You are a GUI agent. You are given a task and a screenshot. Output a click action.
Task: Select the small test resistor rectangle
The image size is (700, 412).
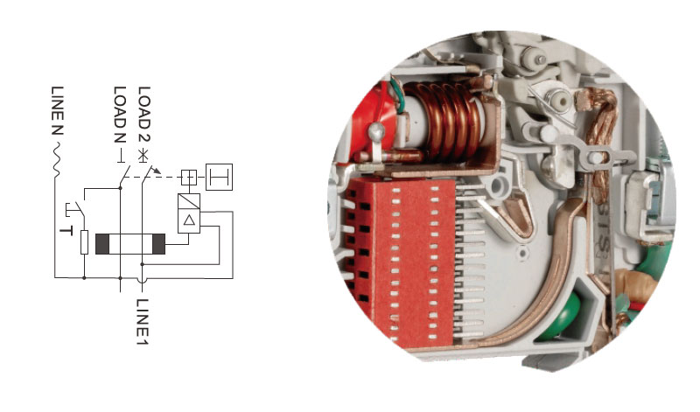tap(84, 241)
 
